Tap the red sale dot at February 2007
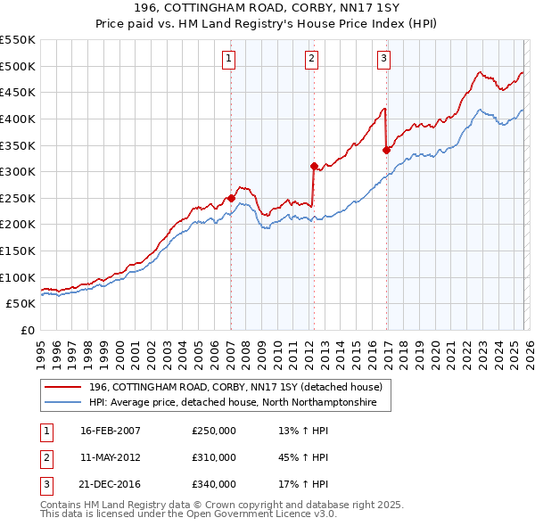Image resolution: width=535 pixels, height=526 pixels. click(231, 198)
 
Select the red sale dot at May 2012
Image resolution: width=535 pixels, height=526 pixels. click(314, 166)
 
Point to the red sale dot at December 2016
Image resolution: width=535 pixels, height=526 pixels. click(386, 150)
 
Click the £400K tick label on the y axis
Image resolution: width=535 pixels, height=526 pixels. click(18, 119)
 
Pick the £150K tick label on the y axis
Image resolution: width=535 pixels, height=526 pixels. click(18, 251)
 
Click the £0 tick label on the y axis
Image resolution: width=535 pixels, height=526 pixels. click(27, 330)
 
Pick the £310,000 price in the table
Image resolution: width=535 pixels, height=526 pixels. click(214, 457)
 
